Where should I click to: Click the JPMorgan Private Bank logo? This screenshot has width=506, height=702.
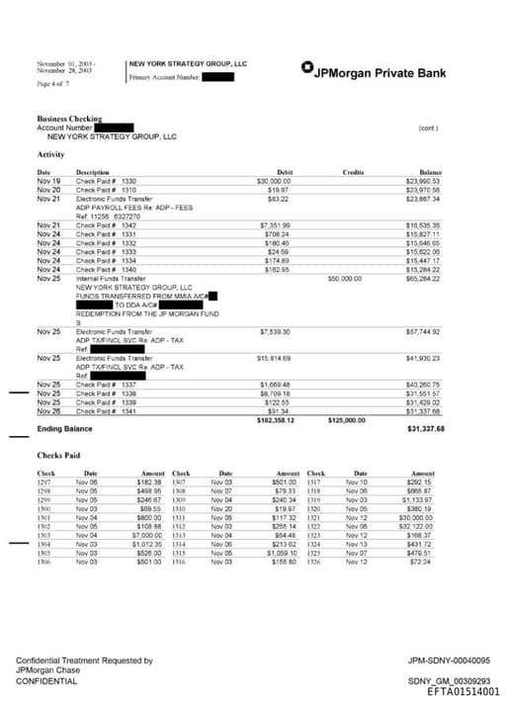373,72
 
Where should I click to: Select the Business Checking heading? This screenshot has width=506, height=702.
69,119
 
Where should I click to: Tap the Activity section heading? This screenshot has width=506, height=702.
51,154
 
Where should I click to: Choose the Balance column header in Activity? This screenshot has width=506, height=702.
431,173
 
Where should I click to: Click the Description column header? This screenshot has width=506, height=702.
93,173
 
